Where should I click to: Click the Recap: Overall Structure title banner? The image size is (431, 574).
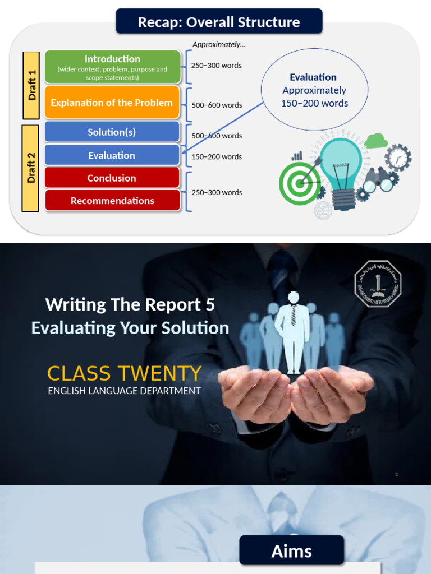click(219, 22)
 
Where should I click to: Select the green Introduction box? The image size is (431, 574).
click(112, 67)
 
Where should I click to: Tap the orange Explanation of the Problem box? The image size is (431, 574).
click(112, 103)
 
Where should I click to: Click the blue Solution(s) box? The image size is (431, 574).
click(112, 132)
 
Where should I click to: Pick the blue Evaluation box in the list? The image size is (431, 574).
click(112, 155)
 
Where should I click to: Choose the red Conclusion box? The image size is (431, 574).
click(112, 178)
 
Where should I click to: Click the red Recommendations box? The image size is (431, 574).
click(112, 201)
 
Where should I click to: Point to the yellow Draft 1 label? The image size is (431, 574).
click(31, 85)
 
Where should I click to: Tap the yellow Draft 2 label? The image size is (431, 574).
click(31, 168)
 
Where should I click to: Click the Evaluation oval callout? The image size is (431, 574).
click(314, 90)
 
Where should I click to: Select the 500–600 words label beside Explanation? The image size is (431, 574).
click(217, 105)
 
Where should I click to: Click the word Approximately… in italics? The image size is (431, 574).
click(219, 44)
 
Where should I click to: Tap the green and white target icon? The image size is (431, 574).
click(300, 182)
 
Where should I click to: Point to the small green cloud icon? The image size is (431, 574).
click(375, 140)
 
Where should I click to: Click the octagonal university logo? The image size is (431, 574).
click(378, 283)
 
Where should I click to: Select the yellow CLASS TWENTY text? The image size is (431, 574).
click(124, 373)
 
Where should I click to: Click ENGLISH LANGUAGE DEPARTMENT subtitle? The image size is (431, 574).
click(124, 391)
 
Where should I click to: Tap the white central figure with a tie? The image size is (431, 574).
click(294, 331)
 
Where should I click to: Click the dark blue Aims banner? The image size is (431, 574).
click(291, 550)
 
